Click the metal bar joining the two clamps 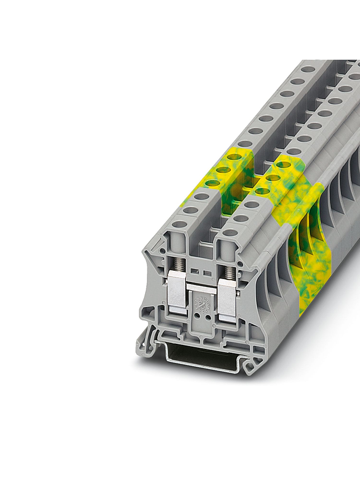tap(202, 286)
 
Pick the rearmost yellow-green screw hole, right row tap(283, 165)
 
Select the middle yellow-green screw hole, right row tap(272, 178)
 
